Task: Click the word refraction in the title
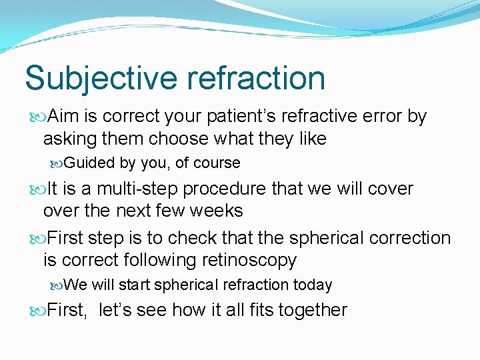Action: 256,78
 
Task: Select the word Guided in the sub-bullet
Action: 90,163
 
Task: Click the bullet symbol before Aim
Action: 37,117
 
